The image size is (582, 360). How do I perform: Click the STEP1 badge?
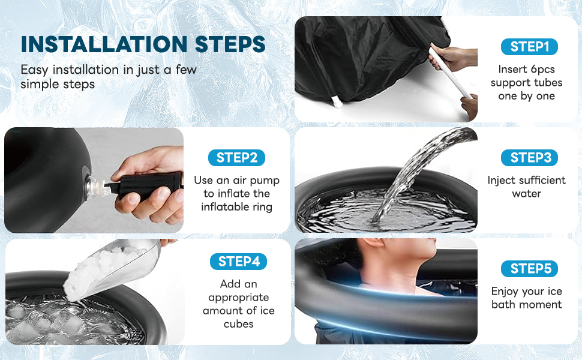click(x=529, y=47)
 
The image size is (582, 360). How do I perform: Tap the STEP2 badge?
click(x=236, y=158)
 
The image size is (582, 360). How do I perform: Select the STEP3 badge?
click(x=529, y=158)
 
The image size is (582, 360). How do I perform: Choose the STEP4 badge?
click(x=238, y=262)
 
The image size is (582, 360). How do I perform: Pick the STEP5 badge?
click(x=529, y=269)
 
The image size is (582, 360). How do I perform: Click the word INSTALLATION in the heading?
click(x=104, y=44)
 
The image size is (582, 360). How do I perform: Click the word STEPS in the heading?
click(x=230, y=44)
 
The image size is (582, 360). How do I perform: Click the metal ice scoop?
click(x=112, y=269)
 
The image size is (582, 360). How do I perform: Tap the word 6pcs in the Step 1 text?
click(x=542, y=70)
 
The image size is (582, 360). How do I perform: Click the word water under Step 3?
click(x=526, y=194)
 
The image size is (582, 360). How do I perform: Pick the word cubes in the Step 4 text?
click(x=238, y=324)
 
